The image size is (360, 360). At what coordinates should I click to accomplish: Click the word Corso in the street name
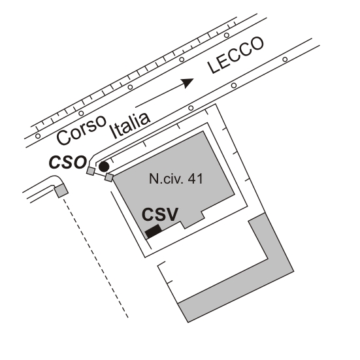coord(82,130)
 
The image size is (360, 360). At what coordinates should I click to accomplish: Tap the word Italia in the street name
coord(130,125)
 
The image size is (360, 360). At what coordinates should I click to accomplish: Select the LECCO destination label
coord(236,56)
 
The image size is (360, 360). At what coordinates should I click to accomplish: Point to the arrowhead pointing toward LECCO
coord(188,83)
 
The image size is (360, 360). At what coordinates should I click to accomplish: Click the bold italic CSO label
coord(68,162)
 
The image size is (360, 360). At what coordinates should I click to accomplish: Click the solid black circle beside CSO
coord(104,167)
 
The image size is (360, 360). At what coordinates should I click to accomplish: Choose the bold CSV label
coord(160,214)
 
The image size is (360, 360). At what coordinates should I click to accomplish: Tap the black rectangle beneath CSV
coord(154,231)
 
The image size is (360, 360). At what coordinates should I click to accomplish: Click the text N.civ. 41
coord(176,179)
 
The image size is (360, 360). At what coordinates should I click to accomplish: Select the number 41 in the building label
coord(195,179)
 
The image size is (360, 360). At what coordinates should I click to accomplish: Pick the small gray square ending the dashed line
coord(61,191)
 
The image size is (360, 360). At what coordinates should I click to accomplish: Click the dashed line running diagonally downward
coord(95,258)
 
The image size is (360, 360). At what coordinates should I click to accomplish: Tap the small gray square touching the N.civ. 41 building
coord(109,178)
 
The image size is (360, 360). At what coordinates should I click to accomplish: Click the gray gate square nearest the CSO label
coord(91,171)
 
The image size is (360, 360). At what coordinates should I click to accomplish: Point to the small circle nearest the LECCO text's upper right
coord(227,35)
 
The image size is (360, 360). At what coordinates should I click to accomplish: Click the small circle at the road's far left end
coord(38,136)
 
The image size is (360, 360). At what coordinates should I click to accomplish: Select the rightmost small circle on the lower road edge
coord(285,59)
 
